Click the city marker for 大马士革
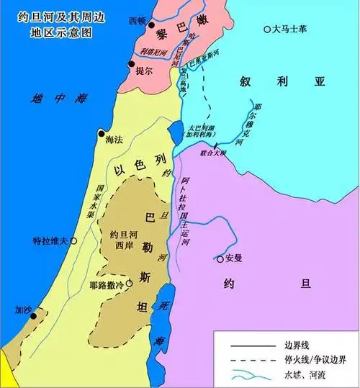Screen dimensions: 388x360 tap(267, 30)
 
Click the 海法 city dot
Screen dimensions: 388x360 tap(101, 134)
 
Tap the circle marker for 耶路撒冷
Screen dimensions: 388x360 tap(129, 284)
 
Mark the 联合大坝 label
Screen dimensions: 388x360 tap(212, 153)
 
